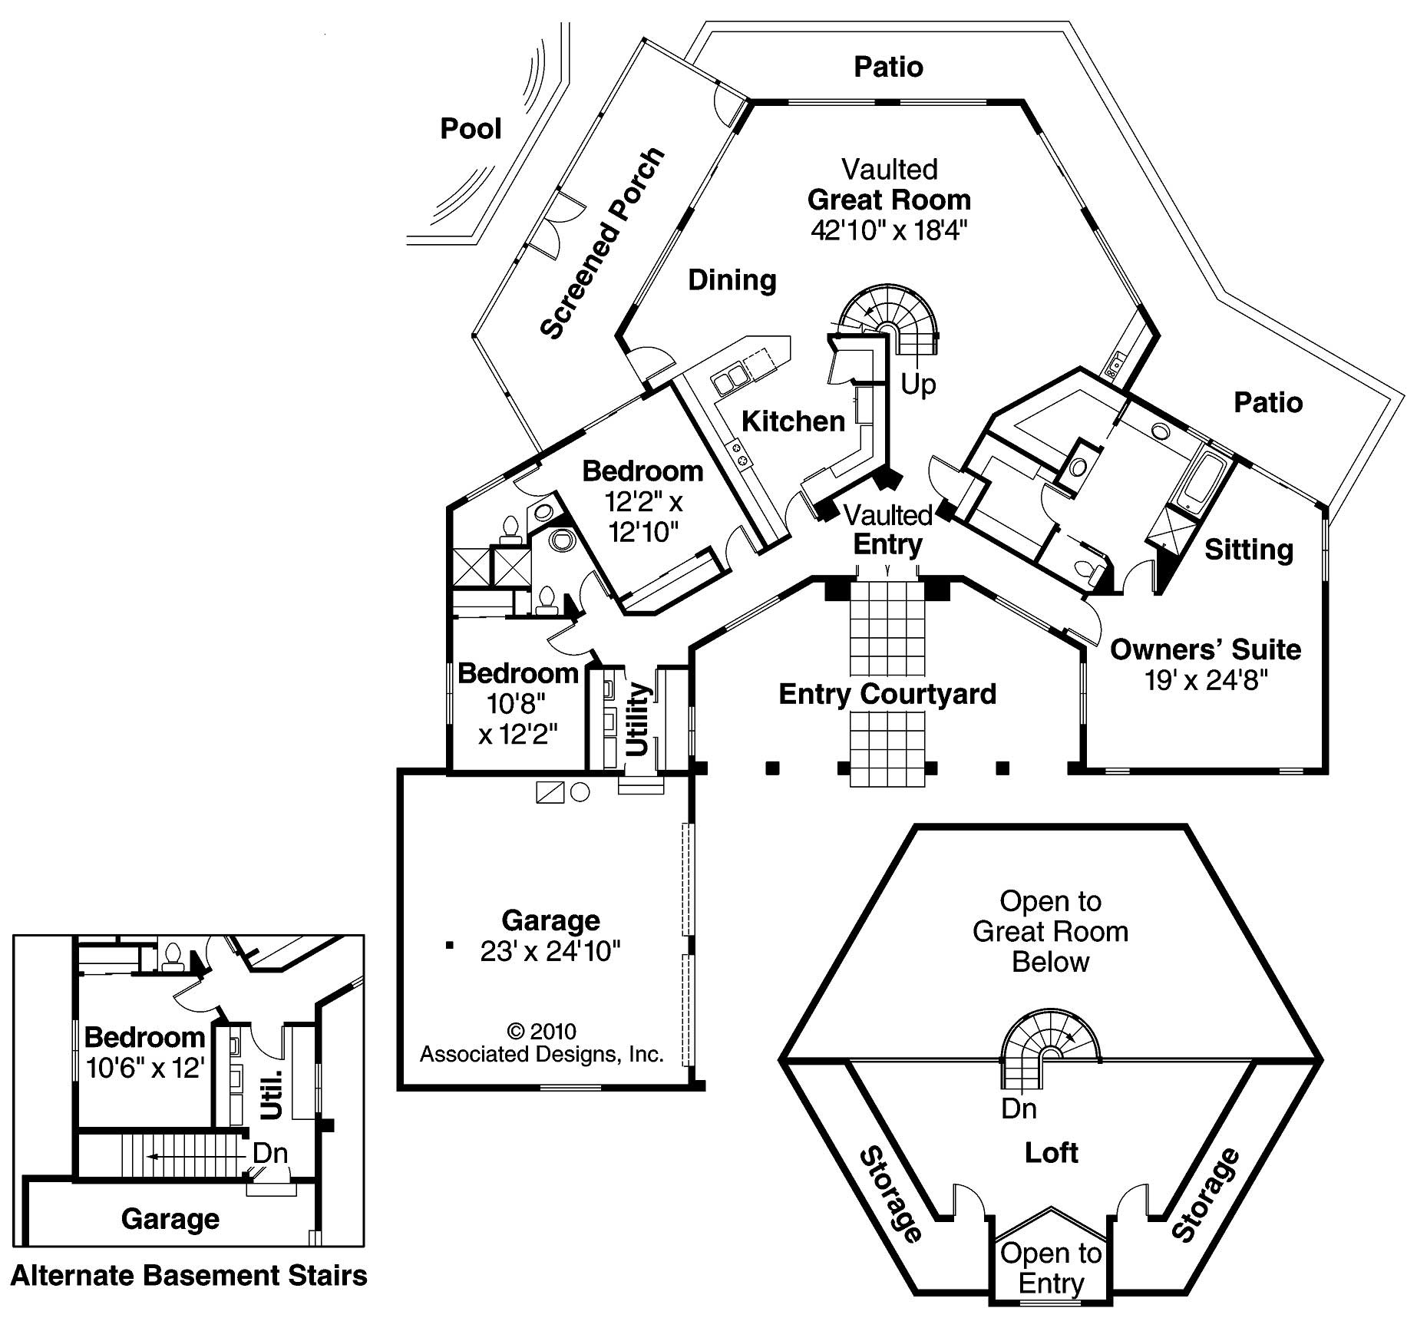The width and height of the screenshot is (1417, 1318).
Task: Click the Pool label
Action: (471, 129)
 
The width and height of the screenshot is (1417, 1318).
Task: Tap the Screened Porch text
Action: (602, 243)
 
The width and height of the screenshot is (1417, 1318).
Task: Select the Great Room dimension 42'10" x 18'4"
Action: (888, 230)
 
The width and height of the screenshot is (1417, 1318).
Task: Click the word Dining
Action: (732, 280)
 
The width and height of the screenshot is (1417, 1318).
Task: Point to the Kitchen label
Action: (793, 421)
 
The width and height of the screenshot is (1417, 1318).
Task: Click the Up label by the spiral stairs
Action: (918, 383)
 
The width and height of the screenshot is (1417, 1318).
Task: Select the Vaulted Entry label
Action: (888, 530)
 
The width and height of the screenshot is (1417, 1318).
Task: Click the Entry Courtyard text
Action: (887, 694)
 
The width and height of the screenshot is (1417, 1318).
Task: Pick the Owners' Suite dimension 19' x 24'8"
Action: (1205, 680)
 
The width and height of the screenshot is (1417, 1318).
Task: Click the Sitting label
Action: (1248, 550)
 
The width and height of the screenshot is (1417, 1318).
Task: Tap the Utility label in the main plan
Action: (639, 720)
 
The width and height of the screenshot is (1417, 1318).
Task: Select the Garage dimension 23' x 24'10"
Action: (550, 951)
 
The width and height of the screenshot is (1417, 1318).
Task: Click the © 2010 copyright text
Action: (541, 1031)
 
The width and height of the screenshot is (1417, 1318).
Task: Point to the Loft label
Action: (1051, 1152)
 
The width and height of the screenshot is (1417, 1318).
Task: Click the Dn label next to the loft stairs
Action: (1019, 1108)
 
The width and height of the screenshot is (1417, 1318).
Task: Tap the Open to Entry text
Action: (1051, 1268)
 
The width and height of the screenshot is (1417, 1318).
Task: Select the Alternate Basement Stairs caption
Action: (189, 1276)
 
